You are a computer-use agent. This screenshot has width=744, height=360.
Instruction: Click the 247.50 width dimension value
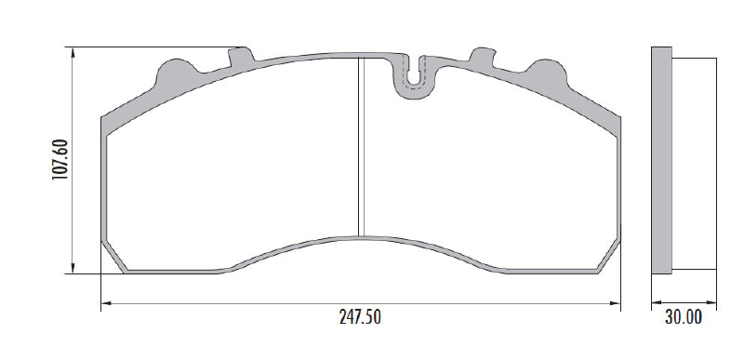360,317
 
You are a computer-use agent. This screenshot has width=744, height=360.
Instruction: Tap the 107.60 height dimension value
60,160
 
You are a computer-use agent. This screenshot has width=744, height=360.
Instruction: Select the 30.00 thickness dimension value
684,317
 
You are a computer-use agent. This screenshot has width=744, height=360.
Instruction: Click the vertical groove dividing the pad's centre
361,147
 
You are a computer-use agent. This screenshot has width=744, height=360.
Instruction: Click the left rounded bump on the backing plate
177,71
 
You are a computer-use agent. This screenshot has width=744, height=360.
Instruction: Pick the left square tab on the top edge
241,56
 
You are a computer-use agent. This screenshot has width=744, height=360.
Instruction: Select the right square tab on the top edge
482,56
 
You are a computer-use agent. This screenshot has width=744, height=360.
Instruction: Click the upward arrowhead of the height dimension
73,53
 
